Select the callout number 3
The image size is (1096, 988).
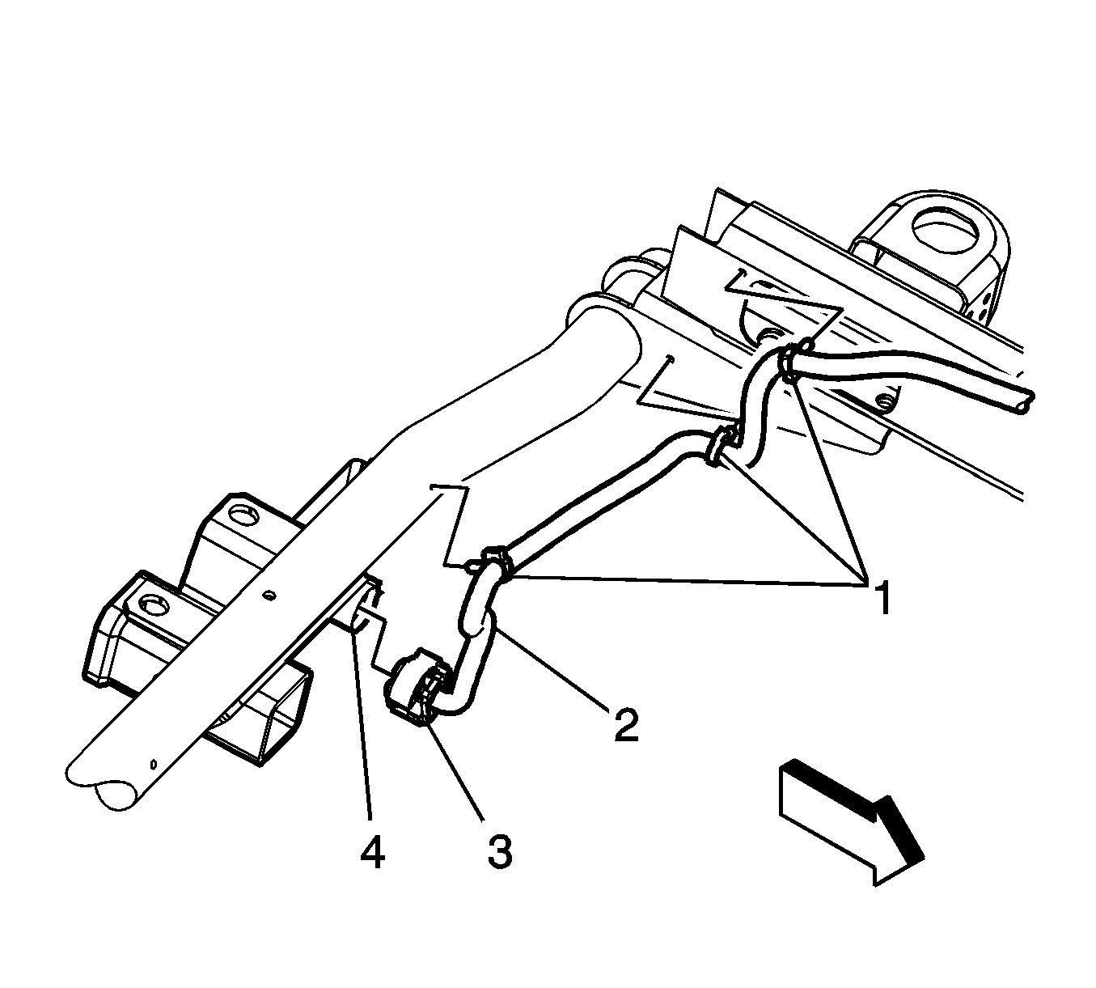pyautogui.click(x=501, y=851)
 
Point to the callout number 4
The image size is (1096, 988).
pyautogui.click(x=373, y=852)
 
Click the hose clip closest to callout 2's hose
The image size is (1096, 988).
pyautogui.click(x=494, y=566)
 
